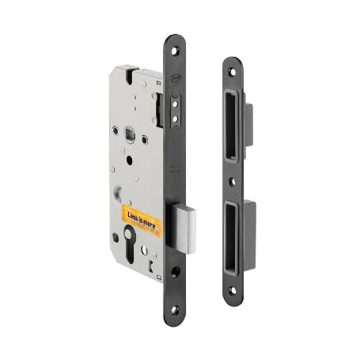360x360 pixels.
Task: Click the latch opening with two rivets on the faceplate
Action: [175, 110]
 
